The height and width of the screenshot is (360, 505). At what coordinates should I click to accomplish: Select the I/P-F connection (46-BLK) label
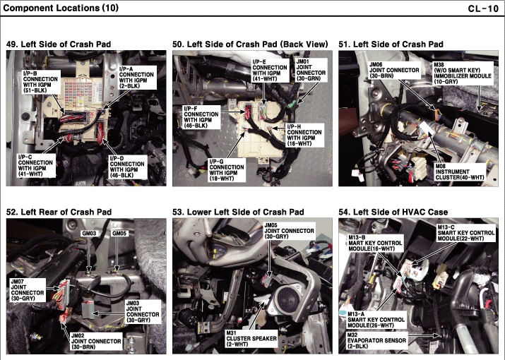point(201,116)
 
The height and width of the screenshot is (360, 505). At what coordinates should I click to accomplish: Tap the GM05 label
point(119,233)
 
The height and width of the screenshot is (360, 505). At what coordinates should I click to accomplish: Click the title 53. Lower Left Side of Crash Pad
point(238,212)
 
